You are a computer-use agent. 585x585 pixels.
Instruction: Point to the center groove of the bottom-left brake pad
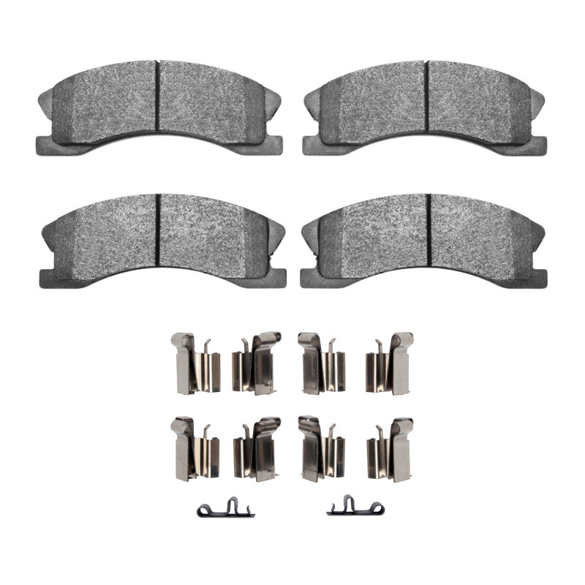point(158,233)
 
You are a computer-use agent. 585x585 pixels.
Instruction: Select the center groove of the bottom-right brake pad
point(429,233)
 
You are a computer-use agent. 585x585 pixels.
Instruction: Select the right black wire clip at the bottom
point(354,507)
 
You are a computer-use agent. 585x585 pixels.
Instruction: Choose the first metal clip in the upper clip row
point(194,363)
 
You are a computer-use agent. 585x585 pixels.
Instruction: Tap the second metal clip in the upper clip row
point(257,363)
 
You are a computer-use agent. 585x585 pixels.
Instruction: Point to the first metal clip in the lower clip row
point(194,448)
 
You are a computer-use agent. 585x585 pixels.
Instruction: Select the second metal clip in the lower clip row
point(257,448)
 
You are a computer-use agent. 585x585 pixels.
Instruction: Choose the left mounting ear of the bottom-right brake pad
point(312,276)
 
